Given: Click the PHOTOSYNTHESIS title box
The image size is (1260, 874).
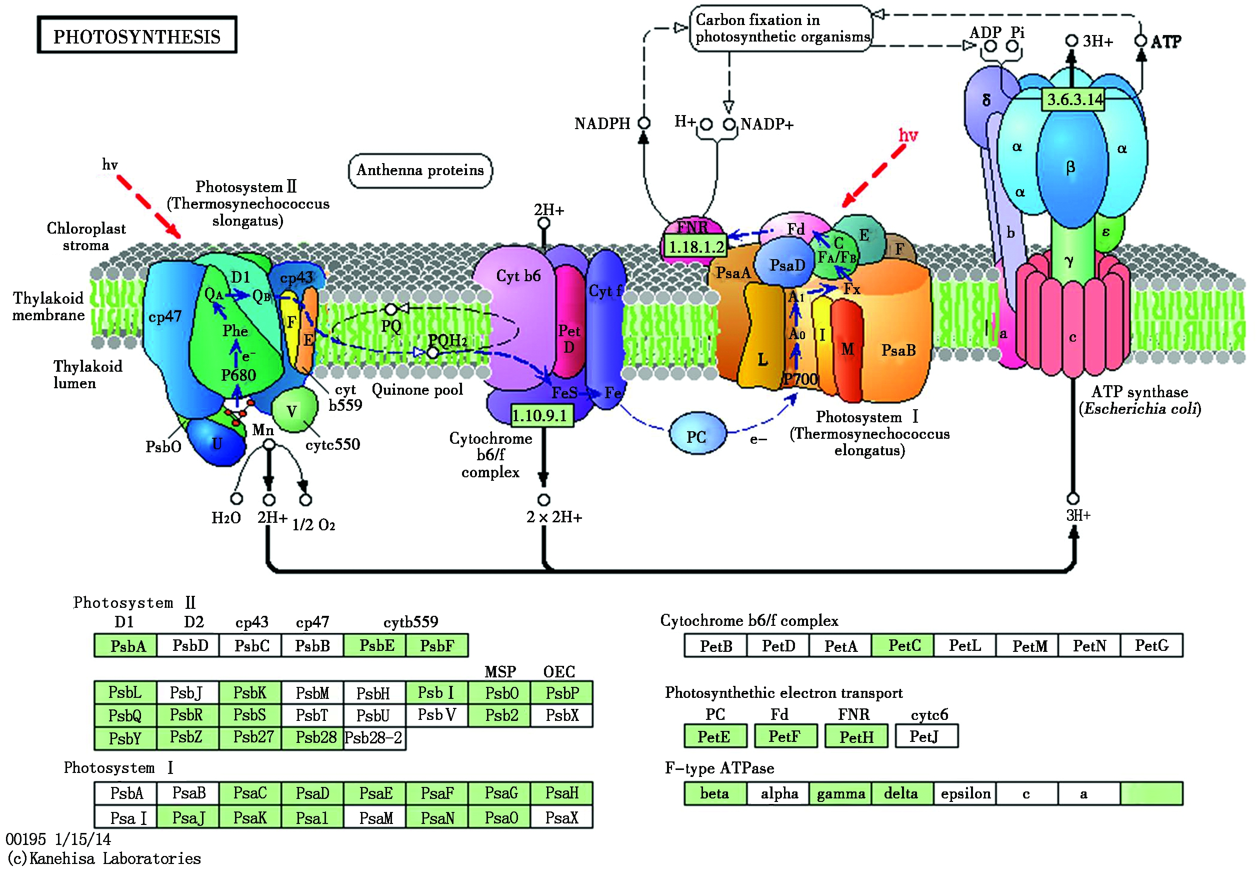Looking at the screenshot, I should [137, 35].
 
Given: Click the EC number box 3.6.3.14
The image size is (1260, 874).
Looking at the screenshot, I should [1074, 100].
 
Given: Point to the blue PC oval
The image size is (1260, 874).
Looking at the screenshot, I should [697, 435].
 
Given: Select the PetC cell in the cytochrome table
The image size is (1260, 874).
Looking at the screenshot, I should [903, 646].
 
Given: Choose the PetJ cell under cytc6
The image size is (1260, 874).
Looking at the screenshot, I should [926, 736].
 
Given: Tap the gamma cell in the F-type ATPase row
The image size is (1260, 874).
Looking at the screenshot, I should [840, 793].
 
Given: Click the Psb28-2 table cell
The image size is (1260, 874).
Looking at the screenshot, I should [374, 738].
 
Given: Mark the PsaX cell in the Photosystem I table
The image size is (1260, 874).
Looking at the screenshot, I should [561, 817].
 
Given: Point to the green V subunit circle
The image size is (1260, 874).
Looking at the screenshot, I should [293, 410].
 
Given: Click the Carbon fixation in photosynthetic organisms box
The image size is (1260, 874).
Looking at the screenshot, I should [781, 29].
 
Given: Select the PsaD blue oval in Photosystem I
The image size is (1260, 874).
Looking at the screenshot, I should [786, 265].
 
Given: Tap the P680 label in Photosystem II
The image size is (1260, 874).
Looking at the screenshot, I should [238, 376].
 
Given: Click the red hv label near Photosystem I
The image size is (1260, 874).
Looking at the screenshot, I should [908, 135].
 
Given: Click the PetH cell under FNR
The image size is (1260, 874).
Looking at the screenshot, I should [856, 736].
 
